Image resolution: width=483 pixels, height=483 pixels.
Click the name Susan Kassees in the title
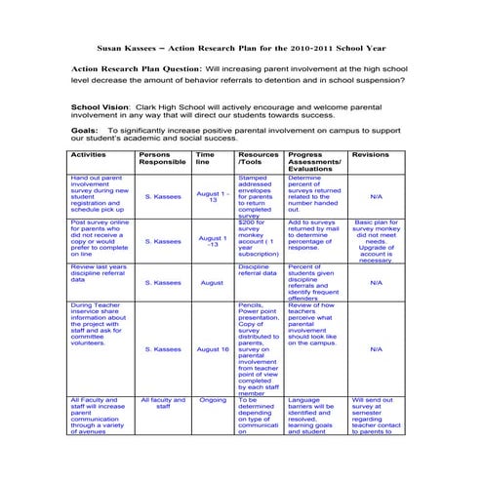click(x=130, y=45)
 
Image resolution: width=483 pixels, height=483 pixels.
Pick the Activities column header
click(x=89, y=154)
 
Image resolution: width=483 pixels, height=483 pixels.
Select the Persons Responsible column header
click(x=162, y=158)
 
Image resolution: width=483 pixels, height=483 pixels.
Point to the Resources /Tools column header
click(x=258, y=158)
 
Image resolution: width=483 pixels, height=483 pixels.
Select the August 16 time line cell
click(x=212, y=348)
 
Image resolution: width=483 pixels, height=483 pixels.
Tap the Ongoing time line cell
click(x=212, y=399)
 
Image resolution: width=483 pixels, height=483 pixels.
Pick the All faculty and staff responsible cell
click(x=163, y=403)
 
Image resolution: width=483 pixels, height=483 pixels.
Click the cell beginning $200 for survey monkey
click(x=258, y=238)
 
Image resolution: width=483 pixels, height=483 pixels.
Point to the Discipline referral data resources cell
click(x=256, y=269)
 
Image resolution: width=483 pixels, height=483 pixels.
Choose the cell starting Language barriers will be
click(x=313, y=415)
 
